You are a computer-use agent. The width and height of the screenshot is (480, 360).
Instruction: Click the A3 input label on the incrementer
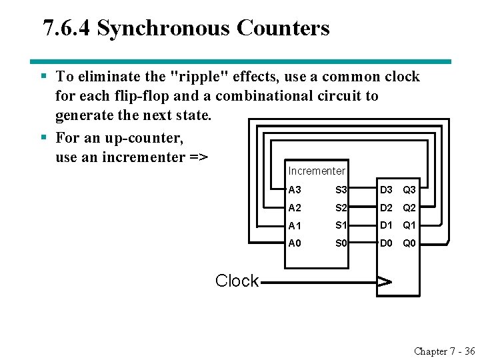coord(294,191)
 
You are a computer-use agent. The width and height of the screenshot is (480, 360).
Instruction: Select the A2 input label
coord(294,208)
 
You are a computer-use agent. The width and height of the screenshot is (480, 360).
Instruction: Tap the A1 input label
coord(294,225)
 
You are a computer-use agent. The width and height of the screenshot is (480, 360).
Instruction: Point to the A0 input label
coord(294,243)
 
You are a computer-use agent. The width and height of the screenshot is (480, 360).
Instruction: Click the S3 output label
coord(342,191)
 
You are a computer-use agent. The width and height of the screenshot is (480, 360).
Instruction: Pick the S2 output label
coord(342,208)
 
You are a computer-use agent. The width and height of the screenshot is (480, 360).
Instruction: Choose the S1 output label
coord(342,225)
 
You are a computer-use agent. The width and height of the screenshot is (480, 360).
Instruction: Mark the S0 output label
coord(342,243)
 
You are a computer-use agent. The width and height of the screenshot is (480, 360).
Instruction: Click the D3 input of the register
coord(387,191)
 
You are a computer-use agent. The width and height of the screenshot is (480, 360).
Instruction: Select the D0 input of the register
coord(387,243)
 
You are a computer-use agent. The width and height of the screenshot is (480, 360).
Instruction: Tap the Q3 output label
coord(409,191)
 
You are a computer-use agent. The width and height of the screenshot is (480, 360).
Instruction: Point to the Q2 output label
coord(409,208)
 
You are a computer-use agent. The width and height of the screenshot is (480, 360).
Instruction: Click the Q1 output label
coord(409,225)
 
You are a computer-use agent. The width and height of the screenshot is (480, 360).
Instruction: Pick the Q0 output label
coord(409,243)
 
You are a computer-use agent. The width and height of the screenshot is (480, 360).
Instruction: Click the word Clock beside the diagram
coord(237,281)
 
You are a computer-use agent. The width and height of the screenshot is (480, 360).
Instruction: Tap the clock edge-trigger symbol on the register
coord(385,281)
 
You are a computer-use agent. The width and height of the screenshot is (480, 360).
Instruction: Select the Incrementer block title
coord(317,171)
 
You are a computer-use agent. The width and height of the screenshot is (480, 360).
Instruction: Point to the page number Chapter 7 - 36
coord(444,351)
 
